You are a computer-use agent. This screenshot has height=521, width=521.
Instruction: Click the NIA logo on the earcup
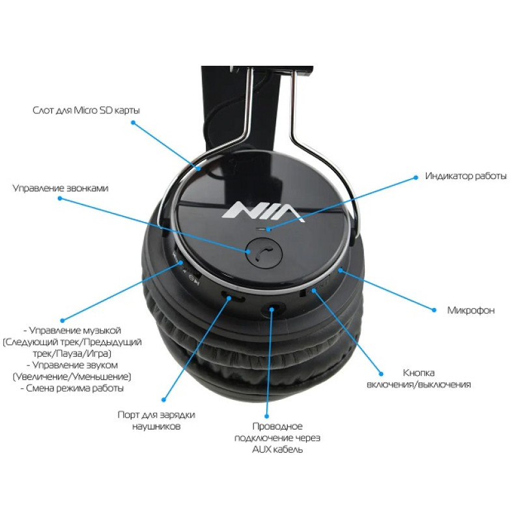tap(263, 211)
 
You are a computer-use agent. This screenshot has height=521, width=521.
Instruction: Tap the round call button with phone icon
tap(264, 253)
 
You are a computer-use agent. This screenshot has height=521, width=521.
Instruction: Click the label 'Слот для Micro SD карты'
tap(86, 110)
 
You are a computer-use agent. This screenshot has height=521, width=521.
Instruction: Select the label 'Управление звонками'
tap(60, 188)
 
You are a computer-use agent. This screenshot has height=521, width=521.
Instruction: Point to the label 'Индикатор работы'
tap(466, 176)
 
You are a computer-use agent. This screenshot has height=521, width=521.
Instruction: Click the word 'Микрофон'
tap(471, 311)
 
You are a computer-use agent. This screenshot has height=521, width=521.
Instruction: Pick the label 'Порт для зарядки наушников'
tap(156, 420)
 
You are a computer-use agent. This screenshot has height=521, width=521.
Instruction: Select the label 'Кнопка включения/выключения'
tap(419, 378)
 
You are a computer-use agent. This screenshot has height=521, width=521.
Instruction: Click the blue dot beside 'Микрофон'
tap(434, 310)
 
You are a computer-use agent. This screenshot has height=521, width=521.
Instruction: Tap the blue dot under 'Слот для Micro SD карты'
tap(134, 122)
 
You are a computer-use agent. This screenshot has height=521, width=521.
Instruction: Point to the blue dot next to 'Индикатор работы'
tap(415, 177)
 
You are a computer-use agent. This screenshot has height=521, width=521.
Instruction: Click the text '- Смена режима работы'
tap(72, 388)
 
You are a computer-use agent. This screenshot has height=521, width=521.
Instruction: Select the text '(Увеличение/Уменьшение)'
tap(72, 376)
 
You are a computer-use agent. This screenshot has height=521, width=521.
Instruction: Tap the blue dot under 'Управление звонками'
tap(60, 199)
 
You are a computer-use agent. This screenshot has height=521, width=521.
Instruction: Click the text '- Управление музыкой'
tap(72, 330)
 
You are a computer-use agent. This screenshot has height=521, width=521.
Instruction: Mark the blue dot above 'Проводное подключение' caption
tap(266, 416)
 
